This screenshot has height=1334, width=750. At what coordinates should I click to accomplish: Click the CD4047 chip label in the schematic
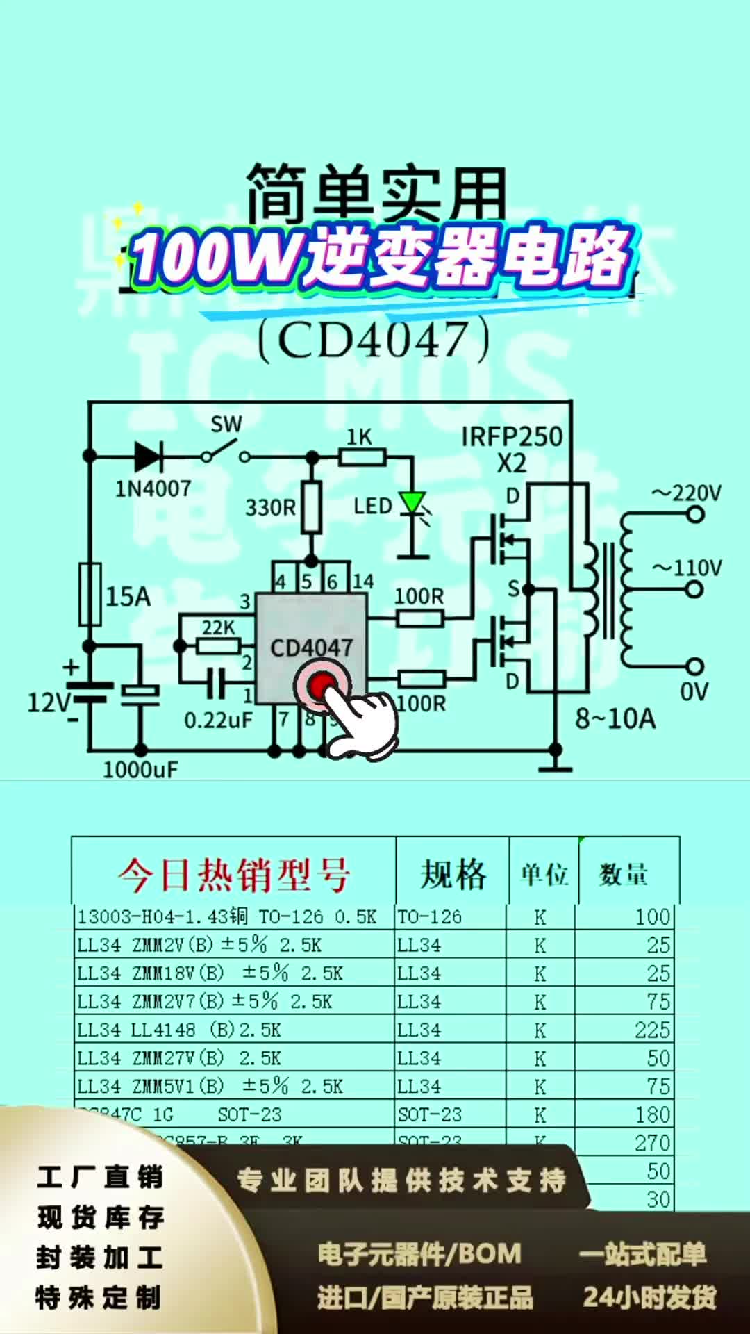[x=311, y=648]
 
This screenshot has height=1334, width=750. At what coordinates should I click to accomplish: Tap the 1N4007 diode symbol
[x=148, y=456]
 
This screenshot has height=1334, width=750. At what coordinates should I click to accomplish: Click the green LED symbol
[x=412, y=502]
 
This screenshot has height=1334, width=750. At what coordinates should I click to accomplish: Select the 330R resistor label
[x=269, y=507]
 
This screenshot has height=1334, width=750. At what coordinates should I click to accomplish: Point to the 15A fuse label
[x=128, y=596]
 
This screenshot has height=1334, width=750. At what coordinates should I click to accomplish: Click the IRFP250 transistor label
[x=512, y=437]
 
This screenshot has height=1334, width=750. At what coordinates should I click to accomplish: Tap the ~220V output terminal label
[x=687, y=494]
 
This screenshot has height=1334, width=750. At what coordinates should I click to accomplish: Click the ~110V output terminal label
[x=687, y=568]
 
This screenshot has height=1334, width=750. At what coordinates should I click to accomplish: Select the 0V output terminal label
[x=693, y=692]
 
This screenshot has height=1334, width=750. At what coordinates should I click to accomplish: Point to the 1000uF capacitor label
[x=140, y=769]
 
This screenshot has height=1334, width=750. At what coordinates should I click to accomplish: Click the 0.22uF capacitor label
[x=218, y=720]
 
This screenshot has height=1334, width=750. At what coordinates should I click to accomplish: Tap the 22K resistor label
[x=218, y=627]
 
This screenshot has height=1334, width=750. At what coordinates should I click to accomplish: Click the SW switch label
[x=226, y=424]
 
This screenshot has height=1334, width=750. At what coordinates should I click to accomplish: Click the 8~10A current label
[x=615, y=718]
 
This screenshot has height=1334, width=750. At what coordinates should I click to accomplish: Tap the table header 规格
[x=453, y=874]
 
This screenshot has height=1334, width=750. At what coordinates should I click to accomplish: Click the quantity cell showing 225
[x=652, y=1030]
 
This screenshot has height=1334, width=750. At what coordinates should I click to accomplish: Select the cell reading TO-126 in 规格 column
[x=429, y=917]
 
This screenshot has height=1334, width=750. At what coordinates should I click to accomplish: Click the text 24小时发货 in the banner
[x=649, y=1297]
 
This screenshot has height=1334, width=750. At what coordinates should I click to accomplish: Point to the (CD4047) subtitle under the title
[x=374, y=340]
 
